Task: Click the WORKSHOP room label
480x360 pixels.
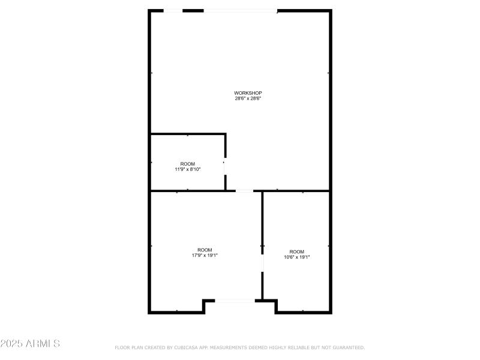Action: [x=248, y=93]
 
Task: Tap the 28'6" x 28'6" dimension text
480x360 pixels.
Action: [x=248, y=98]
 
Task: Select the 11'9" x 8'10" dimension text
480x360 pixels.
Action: [x=188, y=169]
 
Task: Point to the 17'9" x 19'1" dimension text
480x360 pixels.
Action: [x=205, y=255]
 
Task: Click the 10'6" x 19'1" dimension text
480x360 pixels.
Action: [x=297, y=257]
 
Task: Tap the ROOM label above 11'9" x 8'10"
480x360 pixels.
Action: [x=188, y=164]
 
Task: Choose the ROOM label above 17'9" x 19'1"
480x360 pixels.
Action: [x=205, y=250]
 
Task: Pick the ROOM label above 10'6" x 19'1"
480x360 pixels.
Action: [x=297, y=251]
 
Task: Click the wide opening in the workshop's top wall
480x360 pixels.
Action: [x=241, y=11]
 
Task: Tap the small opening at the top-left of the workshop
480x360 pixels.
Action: [x=173, y=11]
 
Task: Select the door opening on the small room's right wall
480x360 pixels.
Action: [x=225, y=167]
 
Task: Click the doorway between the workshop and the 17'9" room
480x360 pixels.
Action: [x=244, y=191]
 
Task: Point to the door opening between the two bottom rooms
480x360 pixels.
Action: [x=262, y=263]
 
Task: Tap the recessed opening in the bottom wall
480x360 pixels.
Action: [x=235, y=301]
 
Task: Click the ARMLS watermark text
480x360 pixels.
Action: [x=41, y=344]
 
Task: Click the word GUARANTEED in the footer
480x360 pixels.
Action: [x=345, y=347]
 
